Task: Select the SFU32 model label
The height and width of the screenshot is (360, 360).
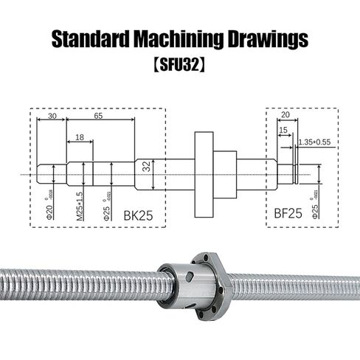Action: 180,66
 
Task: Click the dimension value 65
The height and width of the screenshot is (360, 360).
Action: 98,117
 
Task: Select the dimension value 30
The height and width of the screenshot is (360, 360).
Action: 51,117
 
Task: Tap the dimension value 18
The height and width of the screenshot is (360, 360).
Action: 79,137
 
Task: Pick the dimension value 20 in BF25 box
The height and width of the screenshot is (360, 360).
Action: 285,115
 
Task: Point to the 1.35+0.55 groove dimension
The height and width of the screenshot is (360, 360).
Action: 314,142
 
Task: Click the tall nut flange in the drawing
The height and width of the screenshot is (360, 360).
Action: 204,174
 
